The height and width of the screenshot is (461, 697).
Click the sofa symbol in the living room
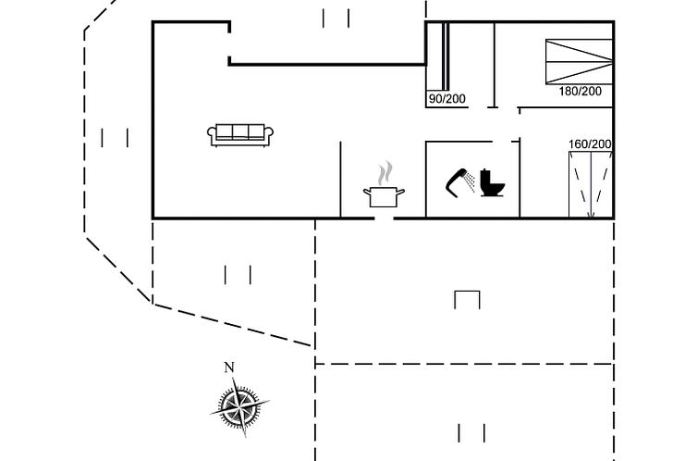240,135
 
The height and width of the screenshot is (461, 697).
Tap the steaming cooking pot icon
384,184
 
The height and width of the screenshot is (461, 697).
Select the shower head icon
460,182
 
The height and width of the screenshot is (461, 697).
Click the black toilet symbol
493,183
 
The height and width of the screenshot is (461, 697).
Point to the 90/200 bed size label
447,99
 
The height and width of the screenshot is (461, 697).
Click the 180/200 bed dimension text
581,92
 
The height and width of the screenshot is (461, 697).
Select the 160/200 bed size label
590,144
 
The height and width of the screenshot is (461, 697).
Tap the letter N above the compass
229,368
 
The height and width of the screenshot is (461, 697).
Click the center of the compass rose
240,406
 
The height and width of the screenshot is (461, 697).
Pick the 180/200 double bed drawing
580,61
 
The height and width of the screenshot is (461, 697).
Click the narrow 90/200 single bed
437,56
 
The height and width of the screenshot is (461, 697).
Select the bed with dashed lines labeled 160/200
591,184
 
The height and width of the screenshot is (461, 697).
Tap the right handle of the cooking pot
400,193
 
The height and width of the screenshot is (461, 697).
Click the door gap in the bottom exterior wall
384,218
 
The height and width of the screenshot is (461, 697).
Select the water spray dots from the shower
470,181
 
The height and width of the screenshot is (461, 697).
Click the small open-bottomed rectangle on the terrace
467,300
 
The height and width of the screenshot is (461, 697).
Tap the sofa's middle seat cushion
240,132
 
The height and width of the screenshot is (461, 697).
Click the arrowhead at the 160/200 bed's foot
591,216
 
